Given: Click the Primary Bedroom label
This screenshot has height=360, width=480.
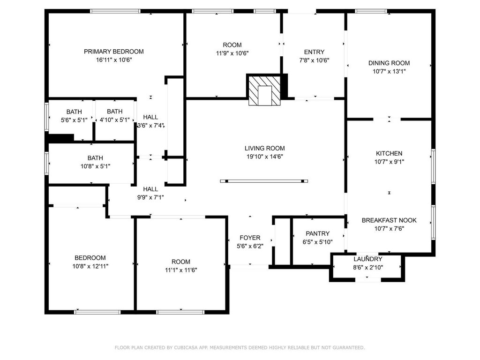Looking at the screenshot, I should [x=113, y=52].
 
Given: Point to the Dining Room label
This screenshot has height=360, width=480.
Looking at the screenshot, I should [x=389, y=63].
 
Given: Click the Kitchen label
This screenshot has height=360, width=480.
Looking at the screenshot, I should [x=389, y=153].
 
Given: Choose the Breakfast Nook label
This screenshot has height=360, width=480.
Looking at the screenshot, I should [x=389, y=220].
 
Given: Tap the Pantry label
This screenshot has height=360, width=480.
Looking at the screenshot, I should [x=317, y=233].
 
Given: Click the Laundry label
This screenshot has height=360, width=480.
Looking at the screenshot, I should [x=367, y=259].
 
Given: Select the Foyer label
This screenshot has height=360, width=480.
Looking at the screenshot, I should [x=250, y=238].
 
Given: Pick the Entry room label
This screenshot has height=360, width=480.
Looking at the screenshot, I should [x=314, y=52].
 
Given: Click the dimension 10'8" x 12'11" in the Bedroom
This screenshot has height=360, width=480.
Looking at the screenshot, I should [x=90, y=266].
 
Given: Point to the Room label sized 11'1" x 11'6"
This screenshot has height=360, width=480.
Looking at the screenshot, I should [x=180, y=262].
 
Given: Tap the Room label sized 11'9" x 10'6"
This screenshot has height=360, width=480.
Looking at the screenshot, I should [x=232, y=45].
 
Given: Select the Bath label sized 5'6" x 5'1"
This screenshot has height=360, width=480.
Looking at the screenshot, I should [x=74, y=112].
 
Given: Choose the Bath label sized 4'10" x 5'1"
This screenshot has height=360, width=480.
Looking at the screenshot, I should [x=114, y=111].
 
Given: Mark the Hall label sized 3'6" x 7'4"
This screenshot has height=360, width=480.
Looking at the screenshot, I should [x=150, y=117].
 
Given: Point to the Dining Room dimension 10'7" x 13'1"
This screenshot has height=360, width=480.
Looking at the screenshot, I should [x=389, y=72].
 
